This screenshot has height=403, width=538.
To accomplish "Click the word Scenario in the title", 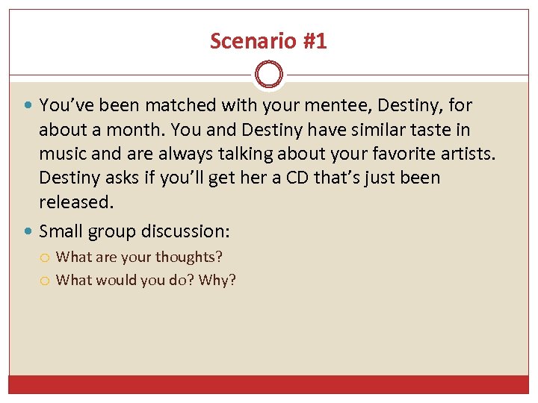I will tap(245, 41).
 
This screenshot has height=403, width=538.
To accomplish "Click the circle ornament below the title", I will tap(269, 75).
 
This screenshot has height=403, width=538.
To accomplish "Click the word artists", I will tap(464, 154).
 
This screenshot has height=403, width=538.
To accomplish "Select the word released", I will tap(75, 201).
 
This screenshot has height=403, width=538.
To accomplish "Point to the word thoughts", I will tap(188, 257).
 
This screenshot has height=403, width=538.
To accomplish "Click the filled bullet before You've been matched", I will tap(29, 106).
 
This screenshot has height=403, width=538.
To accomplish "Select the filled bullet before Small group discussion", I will tap(29, 231).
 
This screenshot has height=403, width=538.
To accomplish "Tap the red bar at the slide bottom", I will tap(269, 384).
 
